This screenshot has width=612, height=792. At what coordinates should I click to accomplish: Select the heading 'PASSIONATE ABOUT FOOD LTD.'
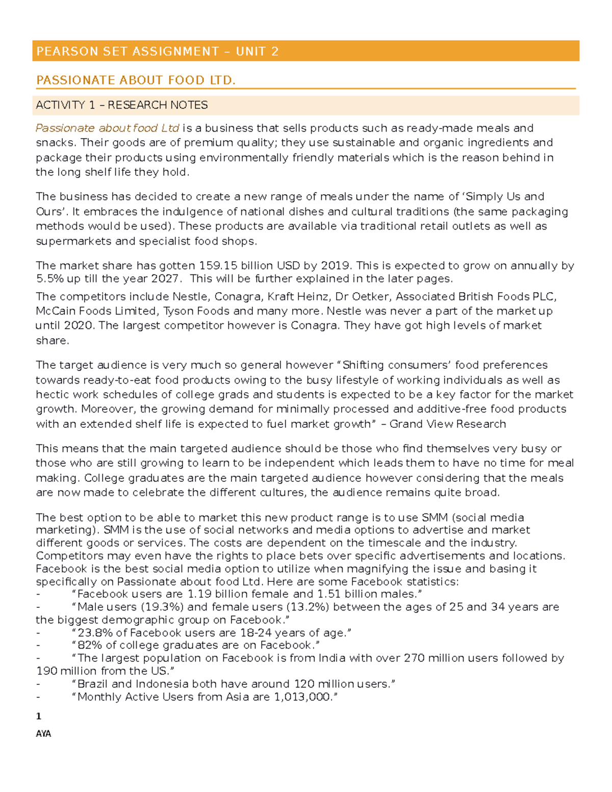click(x=136, y=80)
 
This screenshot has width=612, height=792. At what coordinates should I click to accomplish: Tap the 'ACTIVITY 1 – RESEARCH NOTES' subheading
click(x=121, y=105)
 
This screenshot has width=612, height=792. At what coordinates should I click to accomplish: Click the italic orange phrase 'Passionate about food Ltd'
click(x=107, y=128)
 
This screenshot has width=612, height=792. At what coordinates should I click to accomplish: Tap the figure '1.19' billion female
click(x=199, y=594)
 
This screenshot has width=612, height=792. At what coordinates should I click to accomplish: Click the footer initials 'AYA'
click(x=43, y=734)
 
